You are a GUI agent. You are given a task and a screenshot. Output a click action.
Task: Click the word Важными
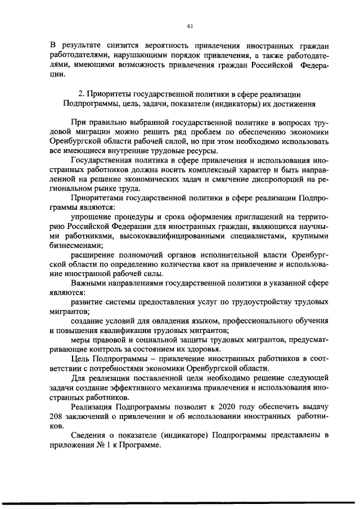click(88, 291)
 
